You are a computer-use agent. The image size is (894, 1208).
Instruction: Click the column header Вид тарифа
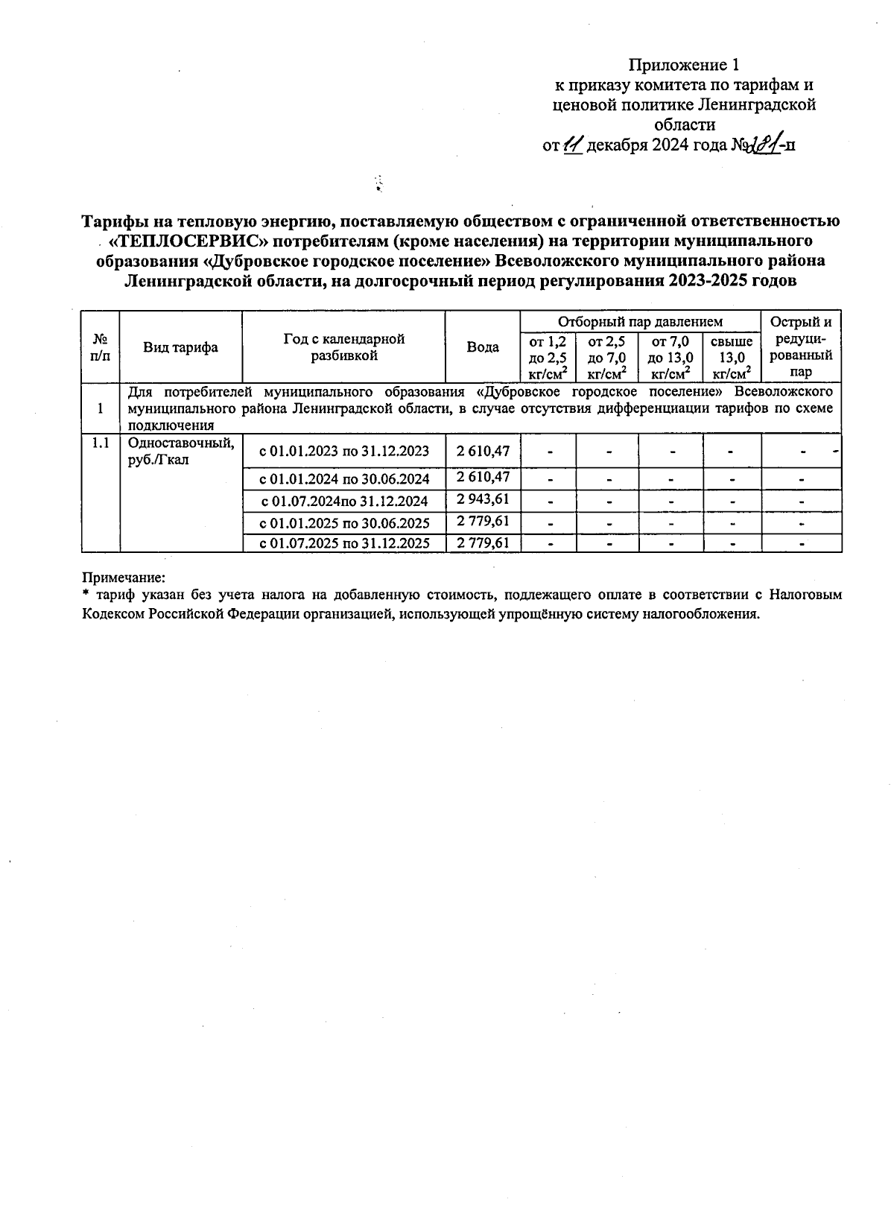tap(180, 347)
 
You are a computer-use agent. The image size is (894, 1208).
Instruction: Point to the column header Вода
tap(482, 347)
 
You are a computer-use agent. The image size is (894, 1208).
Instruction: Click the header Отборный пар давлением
tap(640, 322)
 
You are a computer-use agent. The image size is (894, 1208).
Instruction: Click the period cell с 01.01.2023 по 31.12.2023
tap(343, 451)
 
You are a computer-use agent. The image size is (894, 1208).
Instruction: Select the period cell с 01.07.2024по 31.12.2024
tap(343, 500)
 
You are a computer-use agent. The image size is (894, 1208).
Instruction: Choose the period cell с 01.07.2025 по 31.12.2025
tap(343, 543)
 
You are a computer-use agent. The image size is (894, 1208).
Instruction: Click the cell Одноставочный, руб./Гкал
tap(180, 452)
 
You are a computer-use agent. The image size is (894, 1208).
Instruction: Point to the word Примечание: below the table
tap(123, 578)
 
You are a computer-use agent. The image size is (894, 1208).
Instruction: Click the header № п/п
tap(100, 347)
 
